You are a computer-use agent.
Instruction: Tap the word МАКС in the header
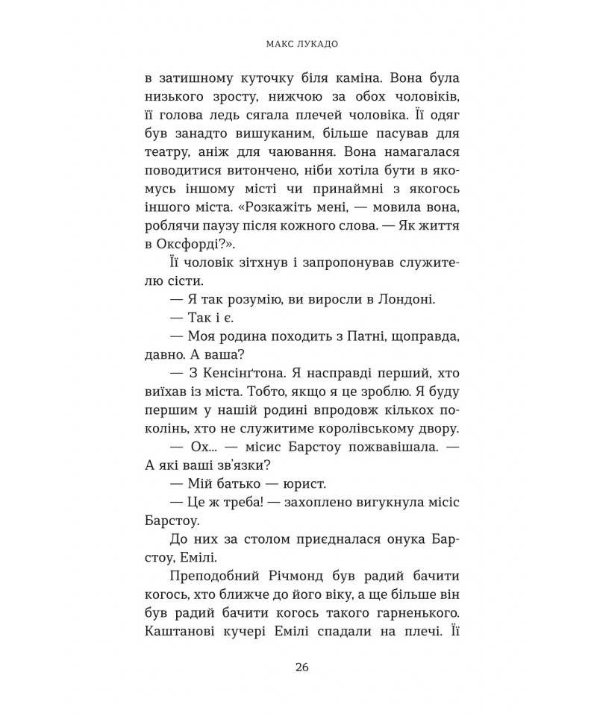[x=280, y=43]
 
